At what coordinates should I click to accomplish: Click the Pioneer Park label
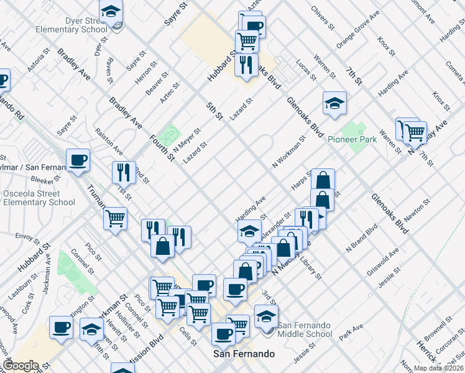pyautogui.click(x=352, y=140)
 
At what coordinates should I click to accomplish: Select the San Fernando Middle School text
pyautogui.click(x=305, y=329)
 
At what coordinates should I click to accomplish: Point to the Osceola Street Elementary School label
pyautogui.click(x=39, y=198)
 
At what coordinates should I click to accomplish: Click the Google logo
pyautogui.click(x=21, y=365)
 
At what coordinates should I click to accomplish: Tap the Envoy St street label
pyautogui.click(x=27, y=237)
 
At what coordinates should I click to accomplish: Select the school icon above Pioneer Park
pyautogui.click(x=334, y=103)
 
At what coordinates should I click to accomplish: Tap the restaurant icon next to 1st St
pyautogui.click(x=124, y=172)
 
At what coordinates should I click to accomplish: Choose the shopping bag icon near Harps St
pyautogui.click(x=323, y=180)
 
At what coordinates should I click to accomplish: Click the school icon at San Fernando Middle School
pyautogui.click(x=266, y=316)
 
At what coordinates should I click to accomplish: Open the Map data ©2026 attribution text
pyautogui.click(x=438, y=367)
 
